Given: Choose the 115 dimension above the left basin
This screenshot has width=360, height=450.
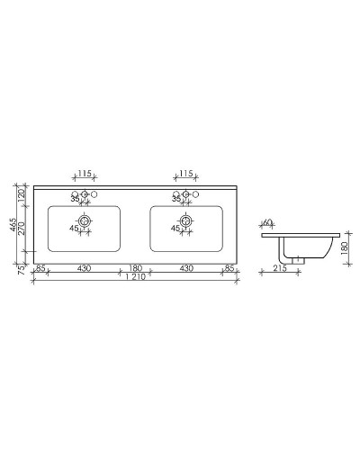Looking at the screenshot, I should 85,174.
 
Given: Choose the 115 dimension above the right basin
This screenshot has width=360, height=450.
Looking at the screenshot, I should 186,174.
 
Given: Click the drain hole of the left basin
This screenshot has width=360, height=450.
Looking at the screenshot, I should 85,220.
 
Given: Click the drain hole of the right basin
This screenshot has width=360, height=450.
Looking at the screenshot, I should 186,220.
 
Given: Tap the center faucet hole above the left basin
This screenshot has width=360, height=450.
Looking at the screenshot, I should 85,195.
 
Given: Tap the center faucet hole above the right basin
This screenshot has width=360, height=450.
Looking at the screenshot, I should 186,195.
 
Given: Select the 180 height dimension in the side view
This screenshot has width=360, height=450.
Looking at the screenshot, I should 344,246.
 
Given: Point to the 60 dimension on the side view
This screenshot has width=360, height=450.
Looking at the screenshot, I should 267,222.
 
